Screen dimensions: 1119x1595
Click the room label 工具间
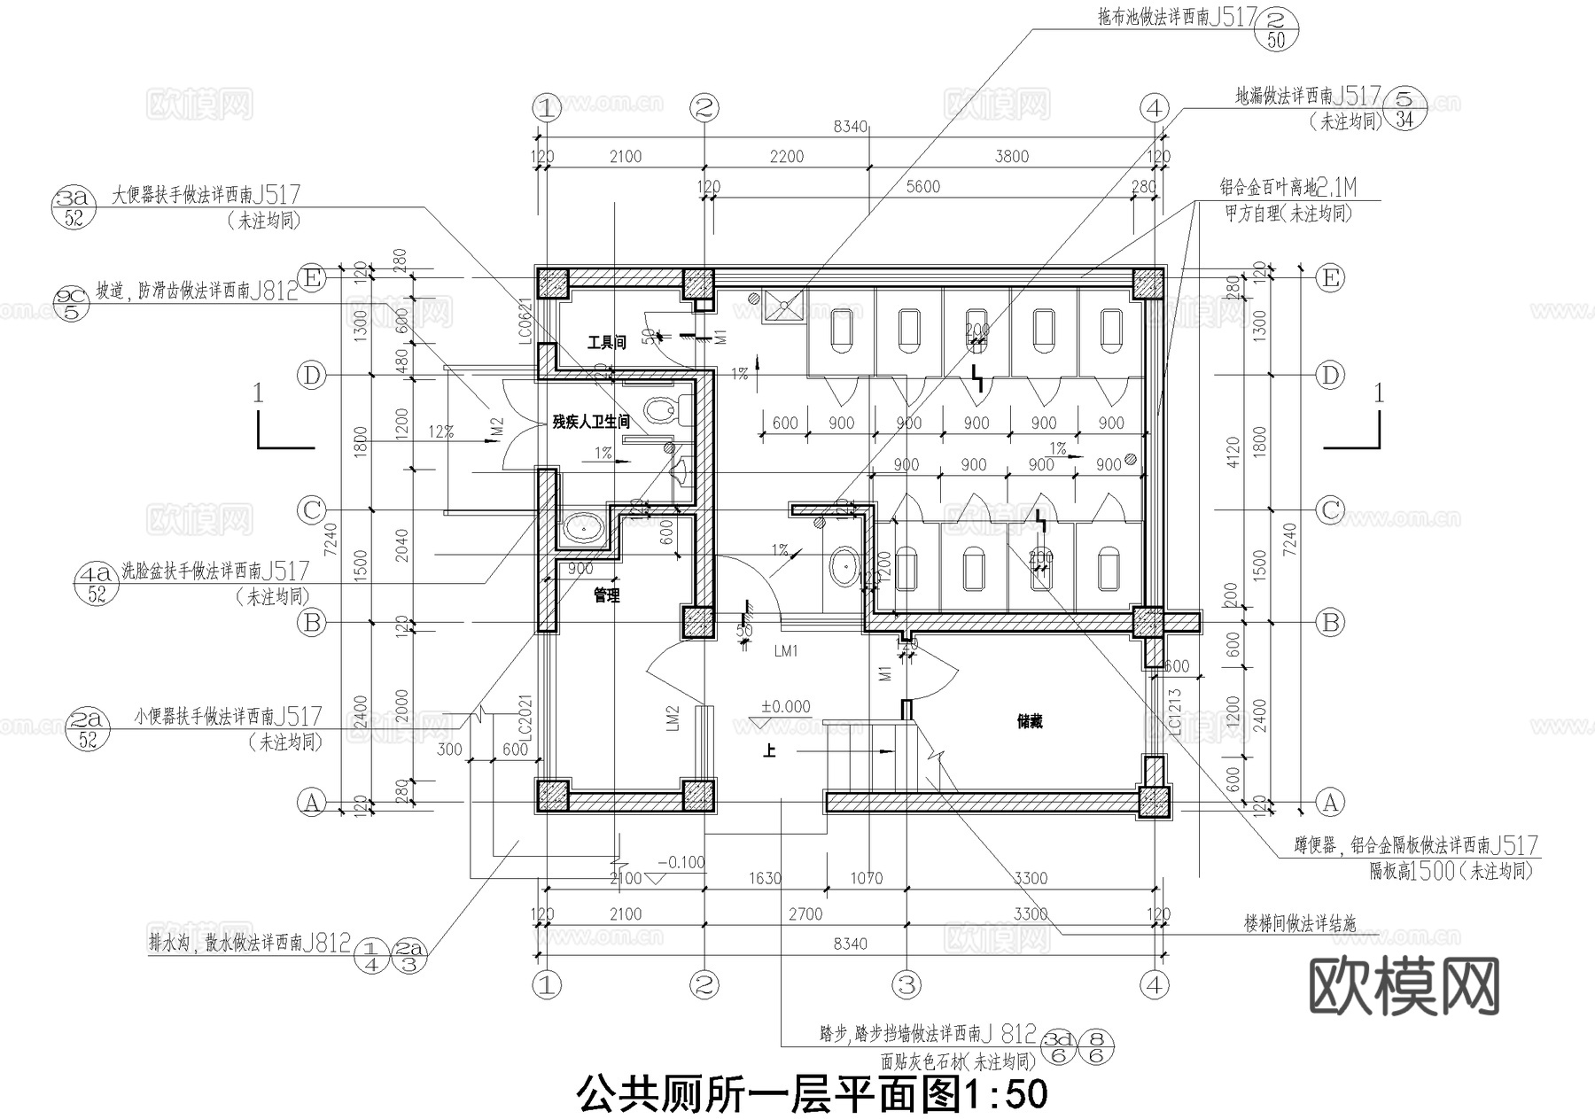606,342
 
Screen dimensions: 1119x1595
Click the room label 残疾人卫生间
591,422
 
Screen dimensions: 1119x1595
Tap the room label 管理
606,595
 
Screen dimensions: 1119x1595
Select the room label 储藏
1030,721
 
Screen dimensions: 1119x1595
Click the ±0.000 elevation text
785,706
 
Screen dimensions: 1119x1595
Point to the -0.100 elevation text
681,862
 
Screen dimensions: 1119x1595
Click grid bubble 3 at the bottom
906,984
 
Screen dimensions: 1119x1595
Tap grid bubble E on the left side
311,278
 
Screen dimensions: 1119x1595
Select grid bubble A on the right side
1329,803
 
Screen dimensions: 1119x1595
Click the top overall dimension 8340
850,127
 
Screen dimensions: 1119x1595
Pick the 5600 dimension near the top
923,186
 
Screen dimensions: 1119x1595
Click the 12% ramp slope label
441,431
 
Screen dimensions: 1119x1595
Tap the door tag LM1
786,651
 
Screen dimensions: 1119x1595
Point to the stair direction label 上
769,751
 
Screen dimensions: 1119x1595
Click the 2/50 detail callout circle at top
1277,27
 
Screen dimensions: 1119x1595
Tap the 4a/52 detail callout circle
96,583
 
